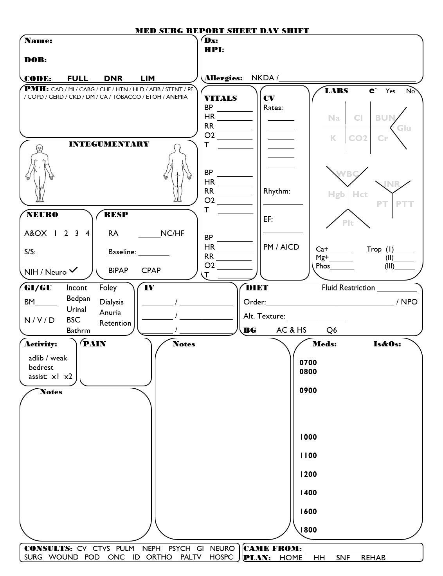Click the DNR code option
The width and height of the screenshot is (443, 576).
[x=113, y=78]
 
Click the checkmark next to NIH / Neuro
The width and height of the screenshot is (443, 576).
[x=73, y=270]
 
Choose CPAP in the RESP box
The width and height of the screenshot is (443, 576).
[x=151, y=270]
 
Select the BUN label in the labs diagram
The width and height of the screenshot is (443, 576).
[x=385, y=118]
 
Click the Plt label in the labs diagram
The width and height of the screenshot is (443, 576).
[x=348, y=223]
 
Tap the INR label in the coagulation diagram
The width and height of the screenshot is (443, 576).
[x=392, y=184]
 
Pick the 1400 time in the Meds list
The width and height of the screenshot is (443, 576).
[x=308, y=493]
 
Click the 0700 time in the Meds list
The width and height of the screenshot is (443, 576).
[x=308, y=362]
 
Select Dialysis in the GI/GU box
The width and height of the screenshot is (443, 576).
[x=112, y=302]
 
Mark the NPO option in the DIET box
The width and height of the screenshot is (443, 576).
[x=409, y=302]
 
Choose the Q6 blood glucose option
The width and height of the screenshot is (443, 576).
[x=331, y=330]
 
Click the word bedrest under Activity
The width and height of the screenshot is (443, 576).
[x=41, y=367]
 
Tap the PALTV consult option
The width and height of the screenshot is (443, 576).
[x=191, y=557]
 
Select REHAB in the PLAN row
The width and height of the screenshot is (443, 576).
[x=373, y=558]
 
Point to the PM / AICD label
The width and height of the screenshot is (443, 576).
[x=281, y=247]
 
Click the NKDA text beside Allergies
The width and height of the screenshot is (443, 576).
[x=263, y=78]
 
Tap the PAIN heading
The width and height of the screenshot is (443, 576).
[x=95, y=344]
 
